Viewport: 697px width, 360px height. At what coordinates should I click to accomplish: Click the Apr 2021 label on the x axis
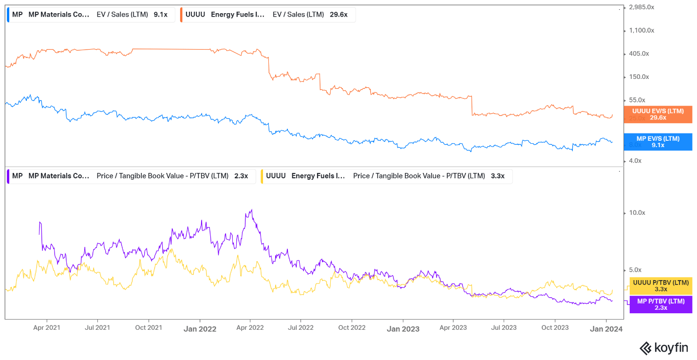pos(47,328)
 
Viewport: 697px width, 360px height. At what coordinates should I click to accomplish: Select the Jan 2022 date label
pos(200,329)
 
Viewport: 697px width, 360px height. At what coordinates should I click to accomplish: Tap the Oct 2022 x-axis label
pos(352,328)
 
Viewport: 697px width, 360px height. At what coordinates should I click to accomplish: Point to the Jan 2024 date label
pos(606,329)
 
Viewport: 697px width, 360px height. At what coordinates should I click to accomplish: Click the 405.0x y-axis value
pos(639,54)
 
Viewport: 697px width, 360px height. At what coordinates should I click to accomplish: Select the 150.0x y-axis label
pos(639,77)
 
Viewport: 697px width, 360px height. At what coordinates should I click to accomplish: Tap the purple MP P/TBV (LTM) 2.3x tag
pos(660,304)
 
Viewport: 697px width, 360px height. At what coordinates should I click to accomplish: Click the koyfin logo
pos(663,348)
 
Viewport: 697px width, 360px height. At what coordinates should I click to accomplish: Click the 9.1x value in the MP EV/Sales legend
pos(160,15)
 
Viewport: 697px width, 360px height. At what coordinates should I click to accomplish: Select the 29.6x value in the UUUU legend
pos(339,15)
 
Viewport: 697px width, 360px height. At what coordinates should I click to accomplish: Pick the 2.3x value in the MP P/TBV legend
pos(241,176)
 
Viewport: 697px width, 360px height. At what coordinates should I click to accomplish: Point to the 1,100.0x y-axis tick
pos(641,30)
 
